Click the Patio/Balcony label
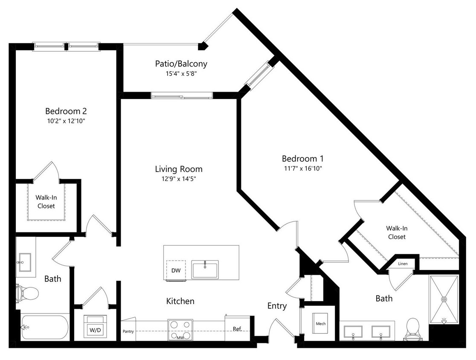point(181,64)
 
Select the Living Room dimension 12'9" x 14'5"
point(178,179)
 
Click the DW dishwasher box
point(176,270)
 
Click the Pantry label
point(128,331)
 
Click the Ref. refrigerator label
point(237,329)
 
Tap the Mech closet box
point(321,324)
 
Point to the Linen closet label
point(403,264)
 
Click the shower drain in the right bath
point(444,299)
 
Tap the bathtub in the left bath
point(44,327)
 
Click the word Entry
point(277,306)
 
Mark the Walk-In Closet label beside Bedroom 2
point(46,202)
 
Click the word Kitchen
point(180,301)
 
